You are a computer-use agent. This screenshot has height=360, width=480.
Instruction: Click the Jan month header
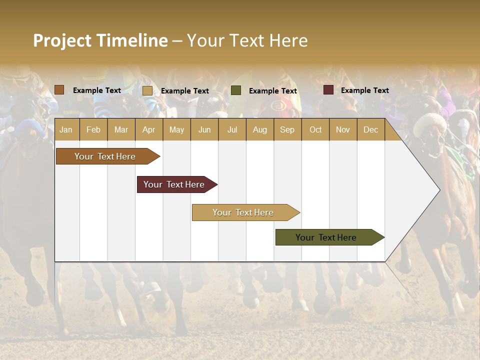[66, 129]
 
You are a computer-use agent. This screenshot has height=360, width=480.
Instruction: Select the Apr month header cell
[148, 129]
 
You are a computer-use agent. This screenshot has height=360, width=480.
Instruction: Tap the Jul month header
[232, 129]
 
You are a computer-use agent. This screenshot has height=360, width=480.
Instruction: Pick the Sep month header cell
[287, 129]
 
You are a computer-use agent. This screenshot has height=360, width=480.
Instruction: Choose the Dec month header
[370, 129]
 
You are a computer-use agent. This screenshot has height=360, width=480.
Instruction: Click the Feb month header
[93, 129]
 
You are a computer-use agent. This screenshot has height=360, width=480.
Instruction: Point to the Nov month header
[342, 129]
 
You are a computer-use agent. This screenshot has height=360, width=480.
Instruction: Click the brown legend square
[59, 90]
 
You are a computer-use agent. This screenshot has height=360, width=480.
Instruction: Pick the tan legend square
[147, 90]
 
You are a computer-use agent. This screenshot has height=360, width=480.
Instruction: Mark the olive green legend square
[236, 90]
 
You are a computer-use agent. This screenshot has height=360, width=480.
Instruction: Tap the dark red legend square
[328, 90]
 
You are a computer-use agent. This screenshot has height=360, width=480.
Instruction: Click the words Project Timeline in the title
[100, 40]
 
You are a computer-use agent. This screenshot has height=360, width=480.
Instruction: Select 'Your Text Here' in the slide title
[247, 40]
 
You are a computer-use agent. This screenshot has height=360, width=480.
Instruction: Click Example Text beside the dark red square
[364, 90]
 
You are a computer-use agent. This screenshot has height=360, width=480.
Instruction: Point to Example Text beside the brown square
[96, 90]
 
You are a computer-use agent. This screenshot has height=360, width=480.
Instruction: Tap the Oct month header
[315, 129]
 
